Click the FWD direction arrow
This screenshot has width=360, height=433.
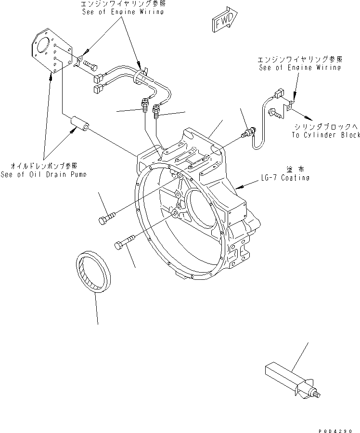click(x=222, y=21)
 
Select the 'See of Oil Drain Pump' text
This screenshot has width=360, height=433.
click(x=44, y=174)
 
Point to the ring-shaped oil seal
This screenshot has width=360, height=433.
click(x=94, y=272)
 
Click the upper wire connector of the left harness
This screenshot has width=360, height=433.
click(x=100, y=77)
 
